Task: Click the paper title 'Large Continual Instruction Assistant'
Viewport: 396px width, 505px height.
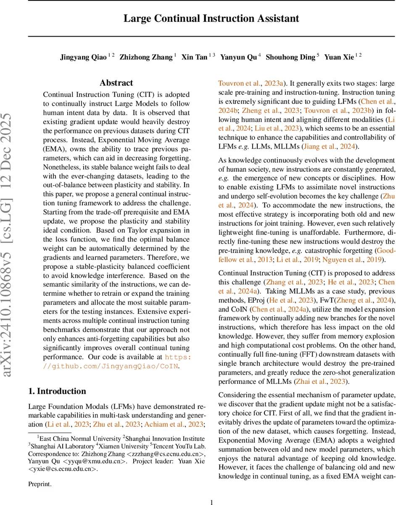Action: point(211,19)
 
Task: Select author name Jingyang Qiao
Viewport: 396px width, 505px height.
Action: point(83,57)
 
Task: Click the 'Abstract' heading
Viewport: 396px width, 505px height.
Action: point(116,83)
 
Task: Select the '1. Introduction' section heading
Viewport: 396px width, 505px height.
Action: point(57,391)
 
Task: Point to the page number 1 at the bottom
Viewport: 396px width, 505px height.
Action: point(211,490)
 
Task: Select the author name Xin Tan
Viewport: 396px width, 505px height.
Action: point(194,57)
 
